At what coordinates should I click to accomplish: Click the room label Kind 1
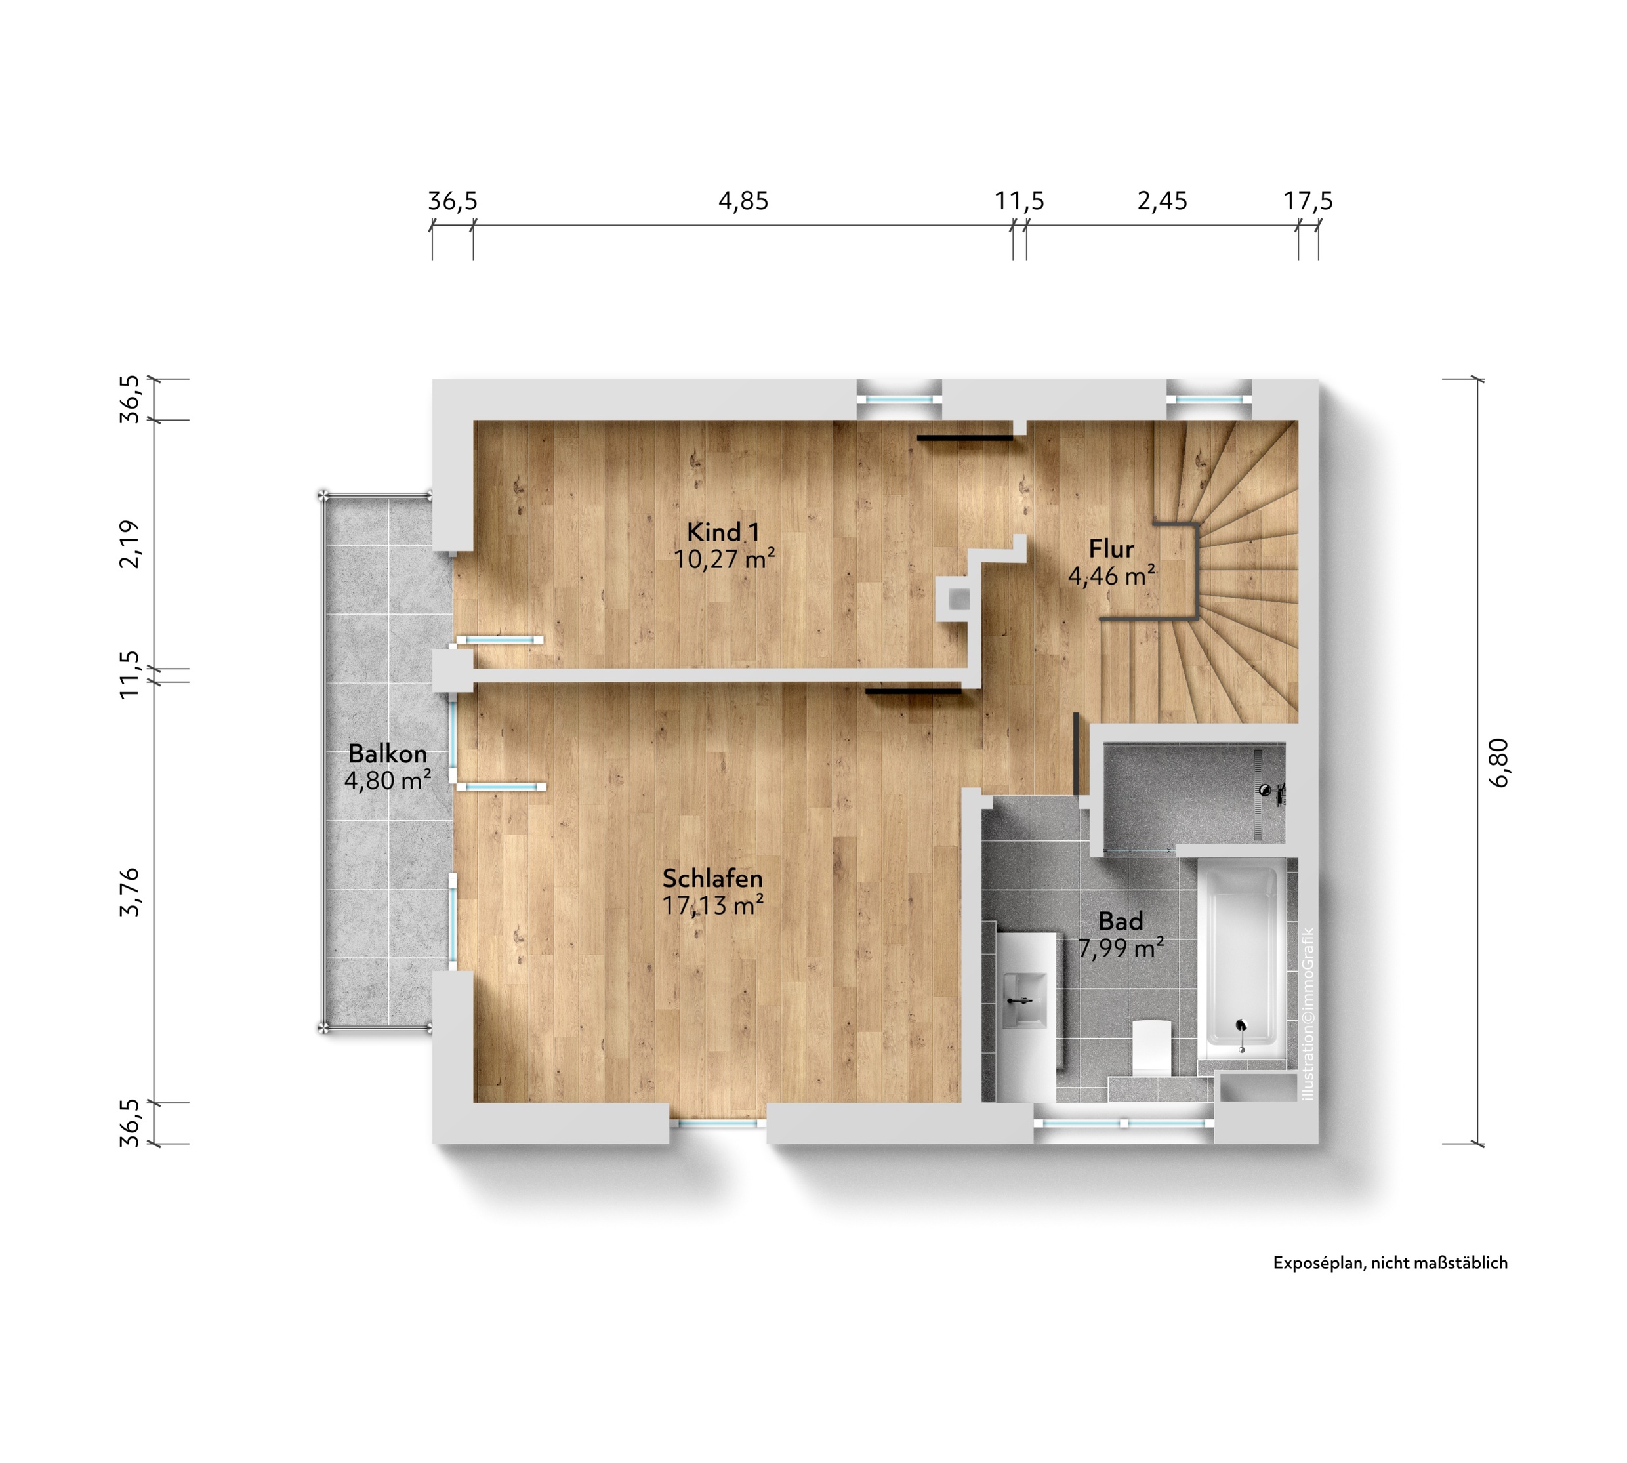point(723,532)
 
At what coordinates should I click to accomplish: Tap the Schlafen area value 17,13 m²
point(712,905)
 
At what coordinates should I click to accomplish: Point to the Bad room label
point(1121,921)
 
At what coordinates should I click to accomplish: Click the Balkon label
point(388,754)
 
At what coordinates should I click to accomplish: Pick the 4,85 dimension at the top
point(743,201)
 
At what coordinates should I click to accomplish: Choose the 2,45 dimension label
point(1162,201)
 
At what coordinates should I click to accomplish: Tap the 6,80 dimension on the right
point(1499,762)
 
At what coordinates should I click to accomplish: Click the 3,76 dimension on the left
point(129,892)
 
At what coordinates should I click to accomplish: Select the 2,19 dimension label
point(129,545)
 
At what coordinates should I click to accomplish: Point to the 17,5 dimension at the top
point(1308,201)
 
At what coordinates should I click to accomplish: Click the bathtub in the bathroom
point(1241,964)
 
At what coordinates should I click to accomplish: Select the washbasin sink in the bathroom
point(1025,1000)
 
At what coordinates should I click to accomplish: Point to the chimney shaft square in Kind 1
point(958,599)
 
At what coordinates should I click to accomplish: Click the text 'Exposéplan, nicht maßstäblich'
point(1390,1263)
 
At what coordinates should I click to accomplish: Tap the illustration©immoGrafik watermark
point(1308,1014)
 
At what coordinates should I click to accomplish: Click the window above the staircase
point(1209,399)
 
